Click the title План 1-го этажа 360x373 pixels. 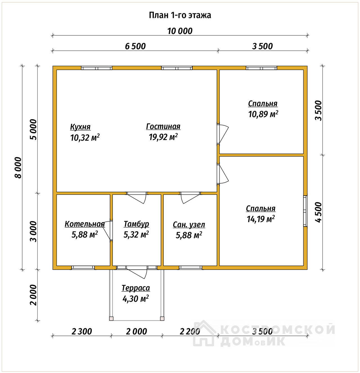point(180,15)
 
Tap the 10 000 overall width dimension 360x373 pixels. point(180,31)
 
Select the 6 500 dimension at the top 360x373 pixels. point(135,46)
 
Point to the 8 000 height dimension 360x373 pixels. point(18,168)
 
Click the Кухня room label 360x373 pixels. point(80,127)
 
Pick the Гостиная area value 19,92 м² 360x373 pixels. point(163,137)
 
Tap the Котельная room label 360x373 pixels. point(85,224)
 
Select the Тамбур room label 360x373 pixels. point(136,224)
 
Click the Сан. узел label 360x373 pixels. point(189,225)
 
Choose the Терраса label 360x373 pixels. point(136,288)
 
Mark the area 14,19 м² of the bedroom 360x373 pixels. point(261,219)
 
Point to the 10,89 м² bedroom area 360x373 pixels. point(263,114)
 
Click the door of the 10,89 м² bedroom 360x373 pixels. point(222,134)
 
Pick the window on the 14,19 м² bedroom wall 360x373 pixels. point(305,211)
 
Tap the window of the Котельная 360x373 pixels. point(83,268)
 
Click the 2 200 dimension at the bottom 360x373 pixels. point(190,331)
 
